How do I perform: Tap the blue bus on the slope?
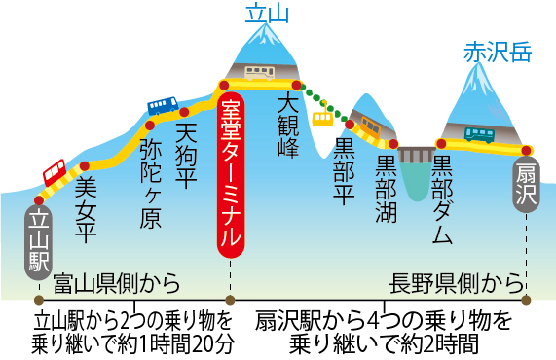[x=163, y=104]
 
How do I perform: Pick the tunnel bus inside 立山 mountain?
[x=258, y=73]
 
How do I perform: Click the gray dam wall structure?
[x=416, y=156]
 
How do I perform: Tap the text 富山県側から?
[x=117, y=285]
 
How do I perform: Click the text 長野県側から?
[x=456, y=285]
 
